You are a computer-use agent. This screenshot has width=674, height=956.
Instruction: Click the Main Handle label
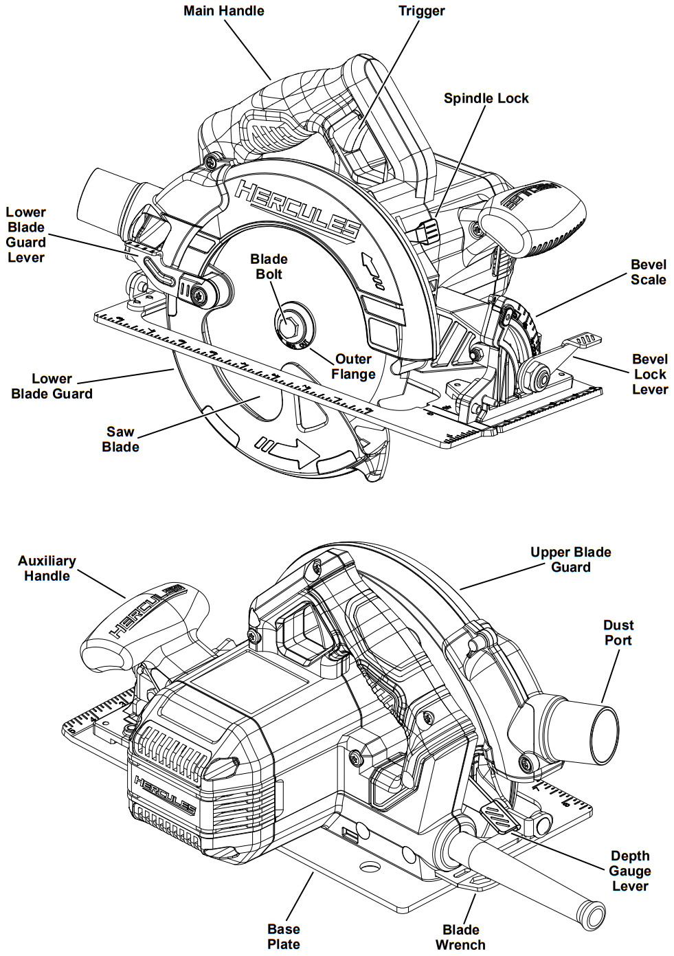223,11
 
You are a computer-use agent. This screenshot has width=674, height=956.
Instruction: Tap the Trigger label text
421,11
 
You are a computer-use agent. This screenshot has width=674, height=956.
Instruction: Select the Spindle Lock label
486,98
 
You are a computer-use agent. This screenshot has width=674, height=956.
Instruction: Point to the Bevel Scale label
648,272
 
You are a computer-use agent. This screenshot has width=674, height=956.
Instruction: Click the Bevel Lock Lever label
649,375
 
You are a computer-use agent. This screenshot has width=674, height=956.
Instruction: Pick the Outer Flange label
353,367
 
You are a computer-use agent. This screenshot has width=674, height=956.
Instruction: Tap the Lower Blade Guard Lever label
26,235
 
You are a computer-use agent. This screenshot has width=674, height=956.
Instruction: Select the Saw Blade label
120,439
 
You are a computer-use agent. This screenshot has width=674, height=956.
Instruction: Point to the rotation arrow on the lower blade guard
293,451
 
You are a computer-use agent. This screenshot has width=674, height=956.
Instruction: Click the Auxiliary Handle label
47,568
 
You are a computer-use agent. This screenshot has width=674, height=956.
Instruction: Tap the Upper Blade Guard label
570,559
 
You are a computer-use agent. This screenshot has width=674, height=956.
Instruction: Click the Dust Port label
618,632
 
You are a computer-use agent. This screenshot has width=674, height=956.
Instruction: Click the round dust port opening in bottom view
603,733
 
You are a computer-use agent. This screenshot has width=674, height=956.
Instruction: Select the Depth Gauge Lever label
629,871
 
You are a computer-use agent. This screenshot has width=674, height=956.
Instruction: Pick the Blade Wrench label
460,937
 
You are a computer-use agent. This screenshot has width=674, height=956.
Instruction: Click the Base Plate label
283,937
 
